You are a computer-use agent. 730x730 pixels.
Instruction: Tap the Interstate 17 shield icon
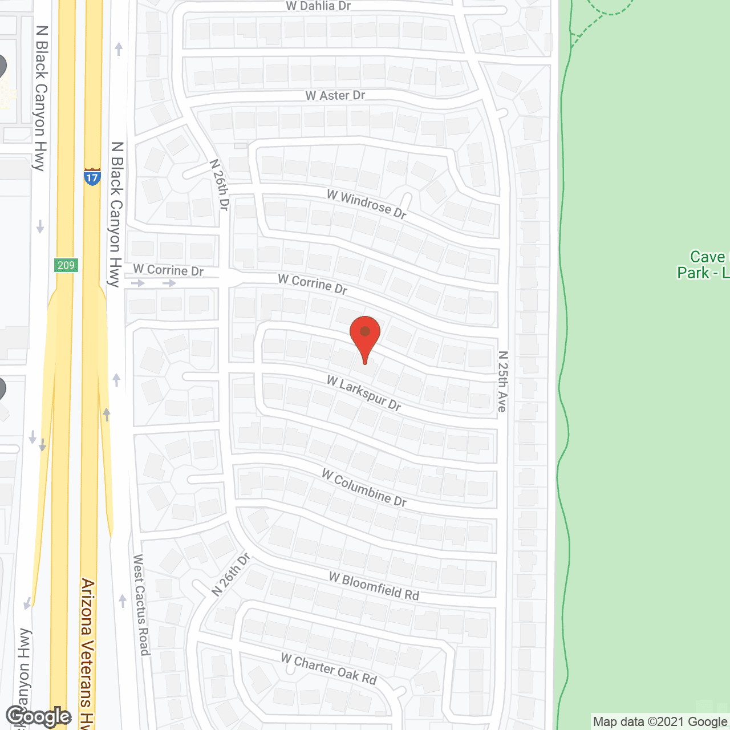coord(92,177)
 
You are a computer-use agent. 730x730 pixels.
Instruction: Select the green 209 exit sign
coord(66,265)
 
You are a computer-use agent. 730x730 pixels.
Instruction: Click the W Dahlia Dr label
coord(318,6)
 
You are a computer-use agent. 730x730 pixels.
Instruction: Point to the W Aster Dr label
coord(335,96)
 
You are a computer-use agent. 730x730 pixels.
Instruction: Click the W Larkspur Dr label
coord(364,393)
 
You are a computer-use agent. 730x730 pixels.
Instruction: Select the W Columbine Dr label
coord(364,488)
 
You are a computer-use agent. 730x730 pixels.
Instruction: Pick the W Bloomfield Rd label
coord(374,586)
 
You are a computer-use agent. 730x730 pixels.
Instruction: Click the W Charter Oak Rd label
coord(329,669)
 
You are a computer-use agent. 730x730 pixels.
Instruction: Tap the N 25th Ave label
coord(502,381)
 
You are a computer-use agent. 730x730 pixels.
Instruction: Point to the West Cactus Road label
coord(141,605)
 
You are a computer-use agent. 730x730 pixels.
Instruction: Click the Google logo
coord(38,716)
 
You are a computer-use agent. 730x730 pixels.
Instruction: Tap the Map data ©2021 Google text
coord(660,722)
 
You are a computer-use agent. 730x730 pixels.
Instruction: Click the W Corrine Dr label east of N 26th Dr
coord(313,284)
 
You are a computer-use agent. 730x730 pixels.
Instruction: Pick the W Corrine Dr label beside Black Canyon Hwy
coord(168,270)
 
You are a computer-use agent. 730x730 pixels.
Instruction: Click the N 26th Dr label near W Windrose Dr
coord(220,185)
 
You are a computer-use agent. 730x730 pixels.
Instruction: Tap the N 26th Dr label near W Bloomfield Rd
coord(231,574)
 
